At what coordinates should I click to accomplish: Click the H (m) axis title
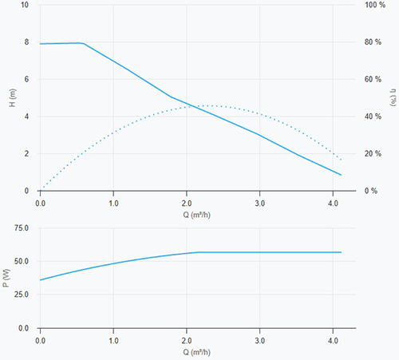point(13,97)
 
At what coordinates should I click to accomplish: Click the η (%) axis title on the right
point(393,97)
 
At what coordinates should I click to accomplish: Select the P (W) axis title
point(6,278)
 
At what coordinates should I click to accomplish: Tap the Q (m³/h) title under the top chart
point(196,215)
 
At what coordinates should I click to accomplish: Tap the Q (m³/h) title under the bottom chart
point(196,352)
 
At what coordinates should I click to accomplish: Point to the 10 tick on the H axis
point(25,5)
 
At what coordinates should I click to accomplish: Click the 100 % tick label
point(375,5)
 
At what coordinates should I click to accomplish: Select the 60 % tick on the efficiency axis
point(373,79)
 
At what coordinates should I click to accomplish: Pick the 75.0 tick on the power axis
point(22,228)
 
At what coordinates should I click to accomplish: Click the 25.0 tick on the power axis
point(22,295)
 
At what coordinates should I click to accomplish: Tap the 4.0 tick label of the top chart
point(333,204)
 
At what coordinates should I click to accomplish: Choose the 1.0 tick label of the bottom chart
point(113,341)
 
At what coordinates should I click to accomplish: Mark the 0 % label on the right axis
point(371,191)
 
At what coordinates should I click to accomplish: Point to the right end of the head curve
point(341,175)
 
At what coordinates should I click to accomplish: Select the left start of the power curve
point(41,280)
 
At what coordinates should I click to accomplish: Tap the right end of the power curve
point(341,252)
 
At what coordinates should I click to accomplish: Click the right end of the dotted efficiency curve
point(341,160)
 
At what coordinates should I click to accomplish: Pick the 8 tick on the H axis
point(26,42)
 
